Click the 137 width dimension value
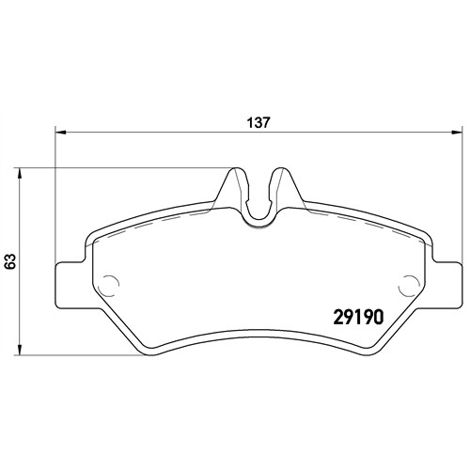(258, 122)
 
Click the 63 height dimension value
(10, 261)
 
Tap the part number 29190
(358, 317)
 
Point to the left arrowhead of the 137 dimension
(60, 133)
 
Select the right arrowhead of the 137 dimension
(457, 133)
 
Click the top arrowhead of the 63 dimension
(20, 174)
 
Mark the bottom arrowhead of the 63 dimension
(20, 350)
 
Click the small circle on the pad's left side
(110, 285)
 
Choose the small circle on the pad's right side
(407, 285)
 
